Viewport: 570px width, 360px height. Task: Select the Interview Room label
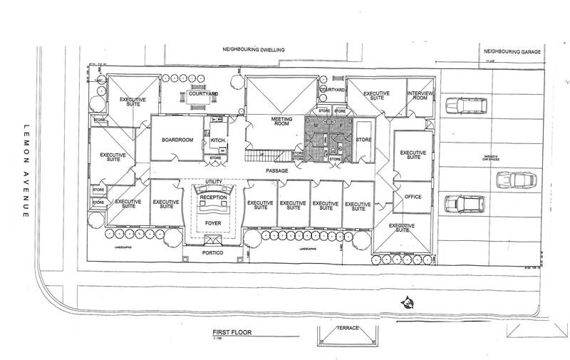tap(419, 98)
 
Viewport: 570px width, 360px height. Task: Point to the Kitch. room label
tap(217, 140)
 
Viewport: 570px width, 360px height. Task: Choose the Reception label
tap(214, 197)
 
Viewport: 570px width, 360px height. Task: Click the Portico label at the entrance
tap(213, 250)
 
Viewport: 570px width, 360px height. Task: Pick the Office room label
tap(413, 197)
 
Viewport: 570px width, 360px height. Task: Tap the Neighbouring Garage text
tap(511, 52)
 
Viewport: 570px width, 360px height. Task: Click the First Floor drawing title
tap(232, 333)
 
